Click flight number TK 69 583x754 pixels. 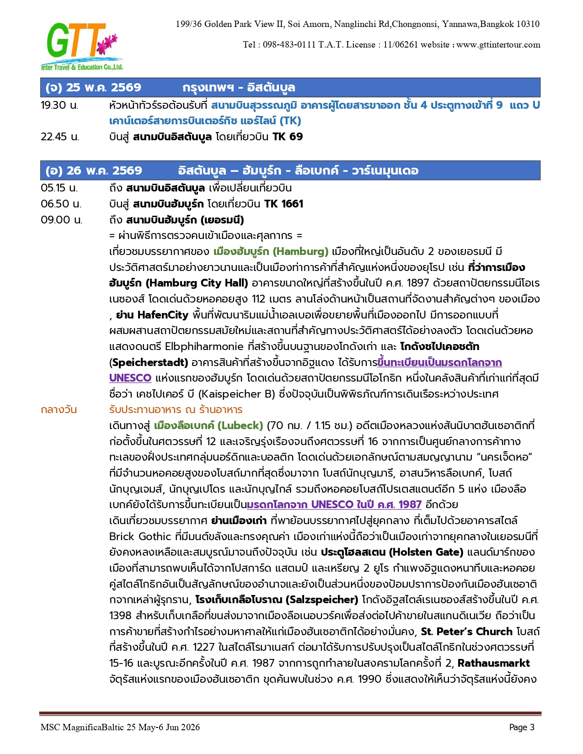tap(288, 137)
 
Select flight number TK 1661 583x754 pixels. tap(283, 204)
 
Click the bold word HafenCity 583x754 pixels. tap(163, 315)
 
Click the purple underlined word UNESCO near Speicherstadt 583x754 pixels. tap(130, 378)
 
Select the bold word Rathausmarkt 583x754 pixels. tap(494, 663)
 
